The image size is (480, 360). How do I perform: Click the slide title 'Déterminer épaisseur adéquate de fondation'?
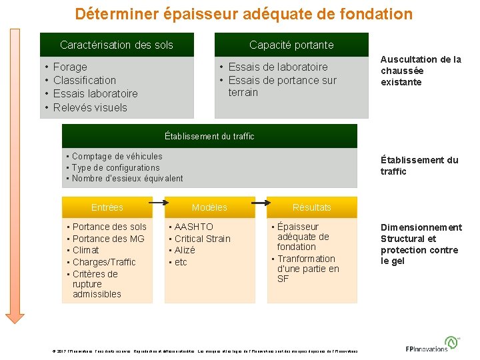pos(243,14)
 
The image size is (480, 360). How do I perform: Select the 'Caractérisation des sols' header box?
pos(117,45)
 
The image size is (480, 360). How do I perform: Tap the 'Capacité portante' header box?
pos(291,45)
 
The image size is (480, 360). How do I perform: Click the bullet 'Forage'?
pos(70,67)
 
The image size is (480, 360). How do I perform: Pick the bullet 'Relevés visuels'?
pos(90,107)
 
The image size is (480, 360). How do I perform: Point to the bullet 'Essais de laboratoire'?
pos(278,67)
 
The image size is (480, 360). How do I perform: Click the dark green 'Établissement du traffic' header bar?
pos(209,136)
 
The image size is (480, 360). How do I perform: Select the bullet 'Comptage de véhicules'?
pos(117,156)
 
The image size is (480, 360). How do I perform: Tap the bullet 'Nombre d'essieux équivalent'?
pos(127,178)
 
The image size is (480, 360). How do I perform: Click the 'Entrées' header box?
pos(107,207)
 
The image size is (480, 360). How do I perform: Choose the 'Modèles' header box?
pos(209,207)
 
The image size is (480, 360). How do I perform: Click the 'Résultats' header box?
pos(311,207)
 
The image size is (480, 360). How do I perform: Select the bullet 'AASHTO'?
pos(194,227)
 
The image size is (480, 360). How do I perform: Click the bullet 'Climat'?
pos(86,250)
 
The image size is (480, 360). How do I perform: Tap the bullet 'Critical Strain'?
pos(203,239)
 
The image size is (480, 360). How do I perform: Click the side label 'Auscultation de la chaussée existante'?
pos(421,71)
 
